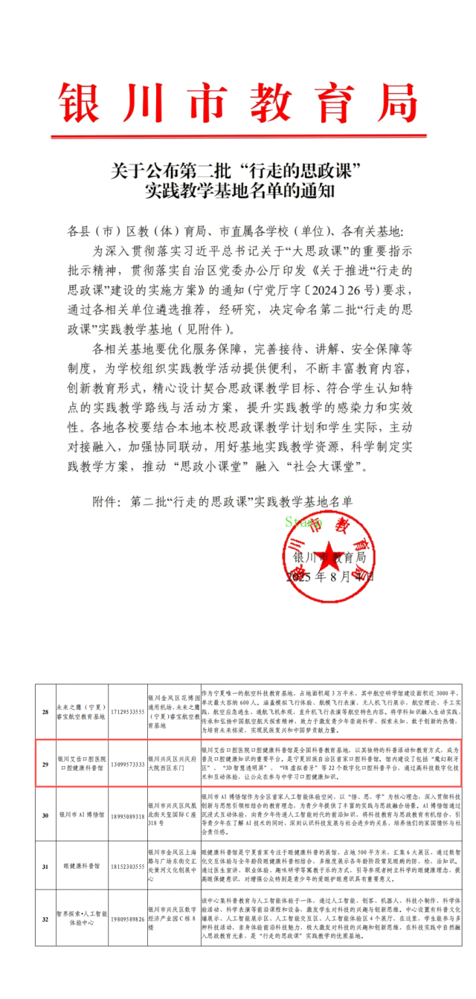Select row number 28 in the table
[x=45, y=713]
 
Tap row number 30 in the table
[x=45, y=815]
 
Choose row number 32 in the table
[x=45, y=919]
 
